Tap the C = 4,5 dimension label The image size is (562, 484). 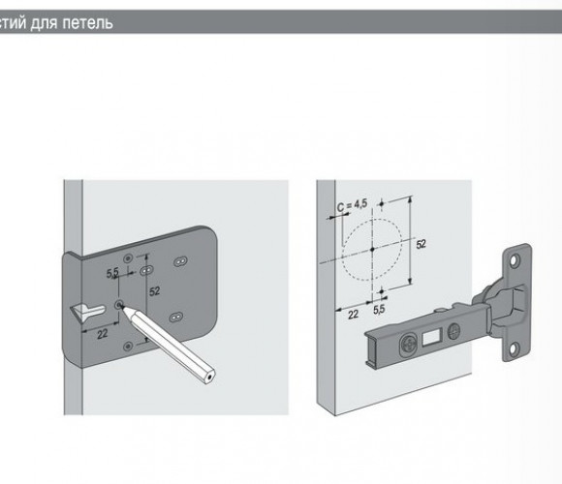(x=353, y=205)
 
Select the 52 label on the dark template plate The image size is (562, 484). (x=154, y=291)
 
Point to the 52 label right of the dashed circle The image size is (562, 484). (x=421, y=244)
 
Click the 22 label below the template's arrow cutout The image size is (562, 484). (x=102, y=334)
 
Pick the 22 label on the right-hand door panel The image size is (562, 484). (x=353, y=315)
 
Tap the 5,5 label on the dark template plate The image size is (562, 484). (x=112, y=273)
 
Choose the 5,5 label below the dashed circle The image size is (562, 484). (x=379, y=309)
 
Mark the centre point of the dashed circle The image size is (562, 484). (x=372, y=249)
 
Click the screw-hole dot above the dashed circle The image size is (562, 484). (x=382, y=203)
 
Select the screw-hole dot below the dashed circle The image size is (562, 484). (x=382, y=291)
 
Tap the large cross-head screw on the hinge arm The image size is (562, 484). (x=409, y=345)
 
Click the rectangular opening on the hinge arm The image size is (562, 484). (x=431, y=337)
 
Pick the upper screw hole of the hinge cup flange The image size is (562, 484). (x=515, y=259)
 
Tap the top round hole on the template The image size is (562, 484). (x=128, y=258)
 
